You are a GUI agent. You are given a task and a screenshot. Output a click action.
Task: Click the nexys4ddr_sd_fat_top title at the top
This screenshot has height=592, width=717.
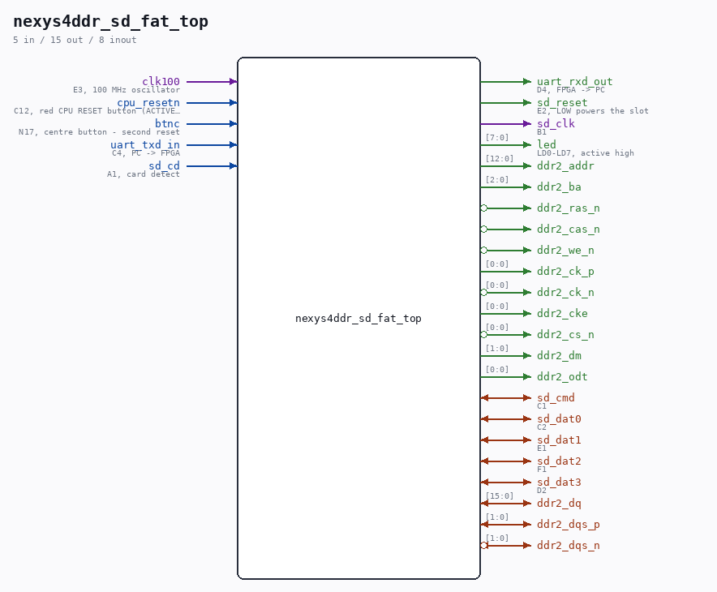coord(110,21)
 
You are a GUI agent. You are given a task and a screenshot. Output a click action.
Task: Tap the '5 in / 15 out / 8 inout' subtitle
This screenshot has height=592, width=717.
coord(75,40)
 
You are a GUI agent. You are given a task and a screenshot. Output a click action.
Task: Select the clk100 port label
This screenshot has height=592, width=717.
coord(161,81)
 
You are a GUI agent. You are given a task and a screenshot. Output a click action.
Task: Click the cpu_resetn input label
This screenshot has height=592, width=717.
coord(148,102)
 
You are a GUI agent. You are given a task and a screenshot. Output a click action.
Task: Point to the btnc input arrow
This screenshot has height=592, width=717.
coord(212,124)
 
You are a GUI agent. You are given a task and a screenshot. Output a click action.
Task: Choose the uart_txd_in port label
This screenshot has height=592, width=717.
coord(145,145)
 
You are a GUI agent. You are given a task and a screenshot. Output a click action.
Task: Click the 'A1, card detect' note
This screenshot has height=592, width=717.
coord(143,174)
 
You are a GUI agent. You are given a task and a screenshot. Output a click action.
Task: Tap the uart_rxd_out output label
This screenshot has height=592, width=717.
coord(574,81)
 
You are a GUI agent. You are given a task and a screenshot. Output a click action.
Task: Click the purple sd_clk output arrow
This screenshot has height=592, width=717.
coord(506,124)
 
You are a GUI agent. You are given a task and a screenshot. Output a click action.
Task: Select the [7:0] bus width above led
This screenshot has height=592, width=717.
coord(497,138)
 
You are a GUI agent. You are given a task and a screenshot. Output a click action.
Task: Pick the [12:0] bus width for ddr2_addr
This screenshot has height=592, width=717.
coord(500,159)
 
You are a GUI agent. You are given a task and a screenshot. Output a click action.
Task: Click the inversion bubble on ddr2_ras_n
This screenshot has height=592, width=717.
coord(483,208)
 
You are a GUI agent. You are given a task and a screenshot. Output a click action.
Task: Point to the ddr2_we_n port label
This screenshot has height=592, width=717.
coord(565,250)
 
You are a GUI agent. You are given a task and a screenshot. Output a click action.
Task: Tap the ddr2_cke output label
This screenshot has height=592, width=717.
coord(562,313)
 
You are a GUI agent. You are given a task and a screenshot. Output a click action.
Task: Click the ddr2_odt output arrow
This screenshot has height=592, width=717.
coord(506,376)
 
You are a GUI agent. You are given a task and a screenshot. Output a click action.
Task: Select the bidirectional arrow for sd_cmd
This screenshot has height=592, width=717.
coord(506,397)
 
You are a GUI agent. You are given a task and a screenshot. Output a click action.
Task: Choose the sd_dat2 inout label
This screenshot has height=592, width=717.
coord(559,461)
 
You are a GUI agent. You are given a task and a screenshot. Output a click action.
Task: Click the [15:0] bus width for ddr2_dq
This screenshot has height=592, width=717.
coord(500,496)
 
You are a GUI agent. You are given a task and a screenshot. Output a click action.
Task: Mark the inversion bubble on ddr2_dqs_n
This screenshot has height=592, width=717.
coord(483,546)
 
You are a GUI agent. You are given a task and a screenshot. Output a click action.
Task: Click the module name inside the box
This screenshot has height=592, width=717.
coord(358,318)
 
